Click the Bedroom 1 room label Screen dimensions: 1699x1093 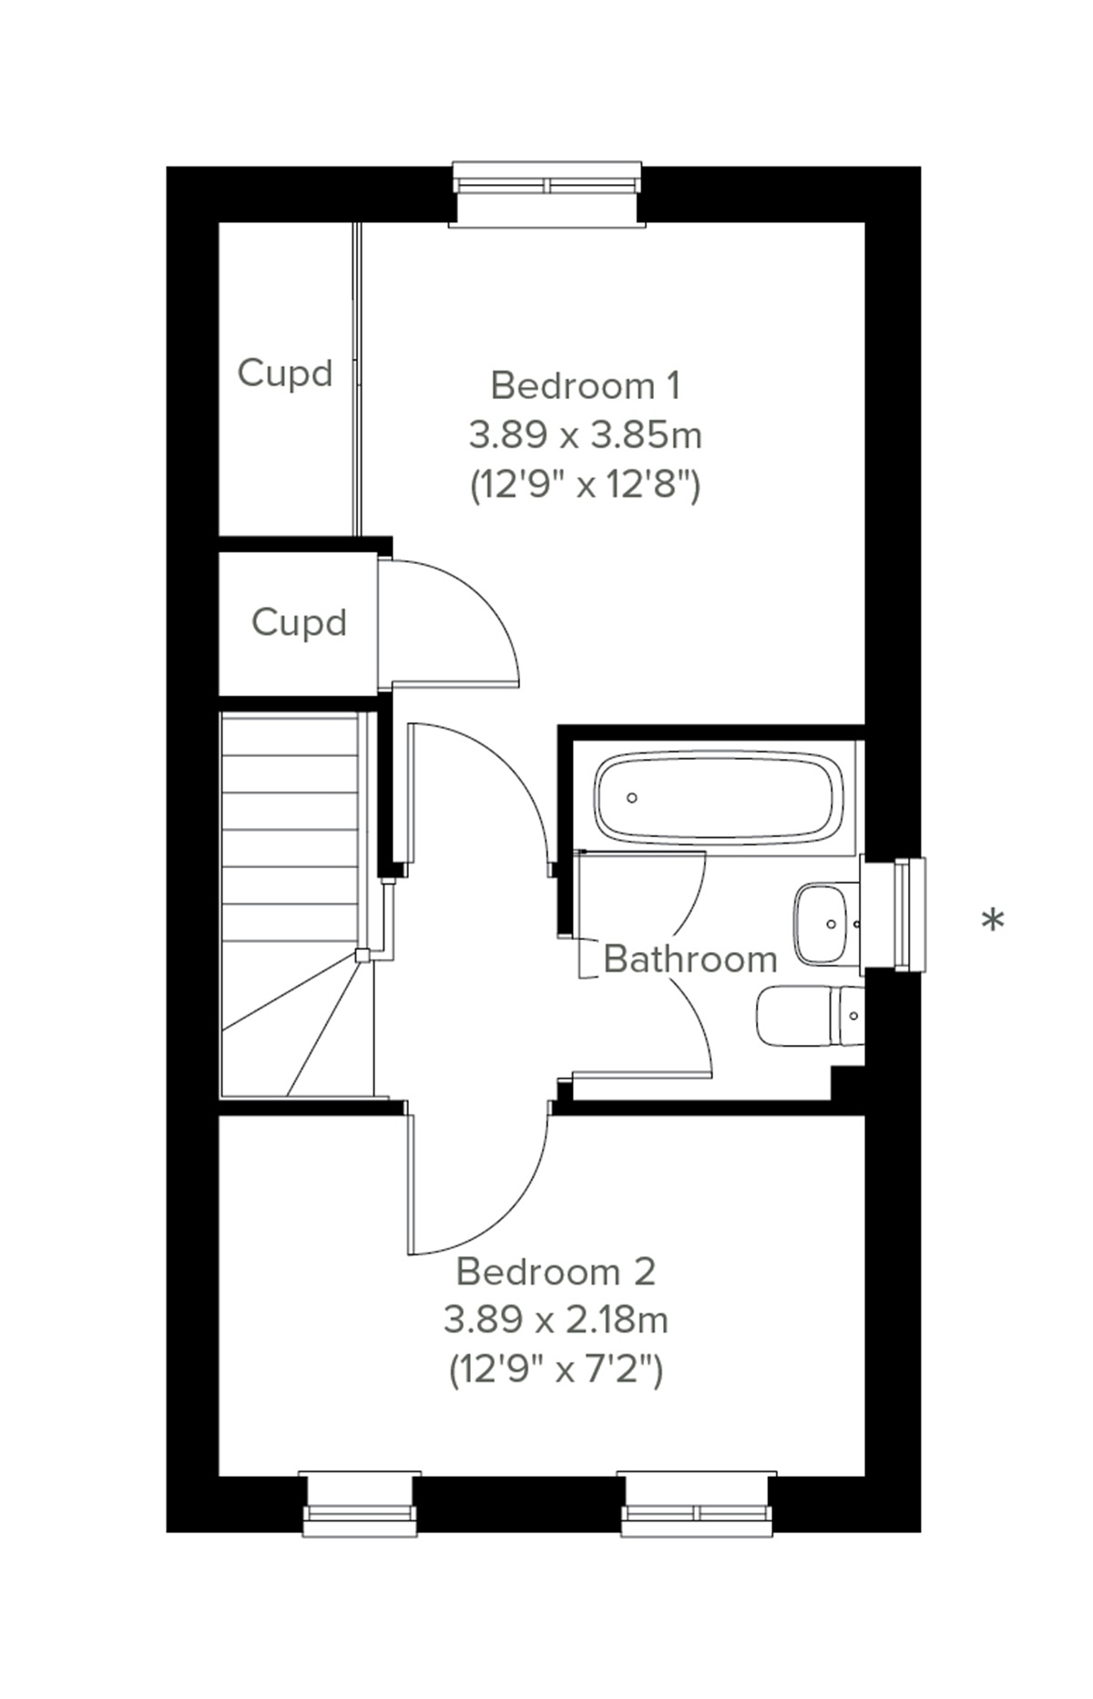[585, 385]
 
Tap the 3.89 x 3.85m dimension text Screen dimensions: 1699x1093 [585, 435]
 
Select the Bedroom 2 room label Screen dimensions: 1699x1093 [555, 1271]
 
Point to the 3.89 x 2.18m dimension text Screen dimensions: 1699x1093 [555, 1319]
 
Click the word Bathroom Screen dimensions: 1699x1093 [690, 959]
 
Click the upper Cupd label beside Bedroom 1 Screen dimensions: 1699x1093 [285, 373]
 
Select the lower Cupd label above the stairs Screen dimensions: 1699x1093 [299, 622]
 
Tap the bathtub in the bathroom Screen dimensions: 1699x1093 [713, 796]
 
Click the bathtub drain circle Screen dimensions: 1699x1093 [632, 798]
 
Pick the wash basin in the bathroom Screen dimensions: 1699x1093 [825, 924]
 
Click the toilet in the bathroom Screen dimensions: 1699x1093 [809, 1018]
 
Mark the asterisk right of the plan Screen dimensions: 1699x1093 [993, 921]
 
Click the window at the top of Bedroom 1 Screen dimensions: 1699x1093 [547, 192]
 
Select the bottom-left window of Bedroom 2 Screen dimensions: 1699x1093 [360, 1503]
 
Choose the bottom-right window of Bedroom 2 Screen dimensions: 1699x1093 [697, 1503]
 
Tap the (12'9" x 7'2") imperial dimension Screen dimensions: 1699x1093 [555, 1369]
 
